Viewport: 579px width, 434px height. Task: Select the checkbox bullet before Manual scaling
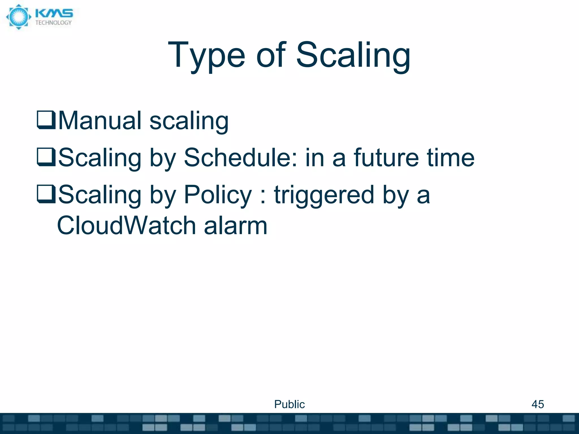pyautogui.click(x=46, y=120)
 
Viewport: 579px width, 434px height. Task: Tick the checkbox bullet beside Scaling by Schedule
pyautogui.click(x=46, y=157)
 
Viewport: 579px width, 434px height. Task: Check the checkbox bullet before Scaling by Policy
pyautogui.click(x=46, y=194)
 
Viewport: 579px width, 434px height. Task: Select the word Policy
pyautogui.click(x=218, y=195)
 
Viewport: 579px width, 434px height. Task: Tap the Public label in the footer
pyautogui.click(x=289, y=404)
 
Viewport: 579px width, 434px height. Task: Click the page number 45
pyautogui.click(x=537, y=404)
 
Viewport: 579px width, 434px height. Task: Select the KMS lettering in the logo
pyautogui.click(x=54, y=14)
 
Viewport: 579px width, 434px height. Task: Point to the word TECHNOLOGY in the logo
pyautogui.click(x=53, y=23)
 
